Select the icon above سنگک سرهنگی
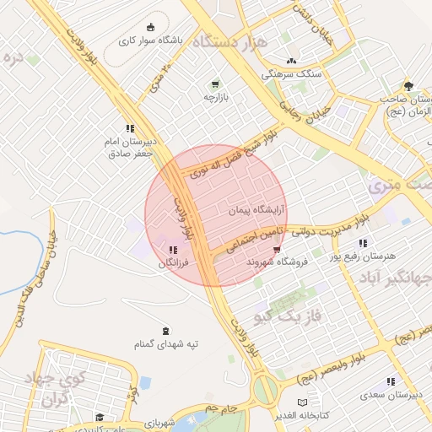click(292, 61)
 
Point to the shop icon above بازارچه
click(217, 84)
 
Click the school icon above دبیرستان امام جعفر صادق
click(130, 128)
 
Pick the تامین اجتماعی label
click(253, 240)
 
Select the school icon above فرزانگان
click(173, 251)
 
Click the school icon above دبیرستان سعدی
click(390, 381)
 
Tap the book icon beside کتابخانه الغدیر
click(302, 402)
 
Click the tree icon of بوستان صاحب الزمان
click(409, 85)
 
